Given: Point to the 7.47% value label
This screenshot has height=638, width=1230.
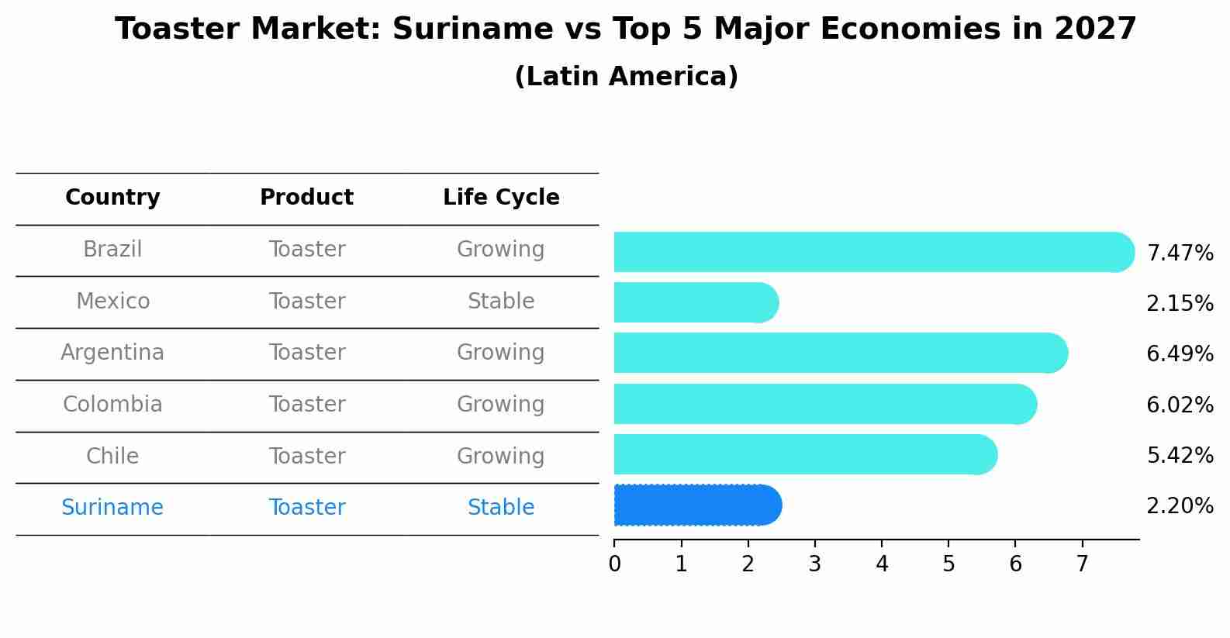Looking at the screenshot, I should pyautogui.click(x=1180, y=253).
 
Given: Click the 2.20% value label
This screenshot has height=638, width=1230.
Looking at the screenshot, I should pyautogui.click(x=1180, y=506).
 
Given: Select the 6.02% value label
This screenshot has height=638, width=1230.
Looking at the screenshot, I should pyautogui.click(x=1180, y=405).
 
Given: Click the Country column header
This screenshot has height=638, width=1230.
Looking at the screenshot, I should pyautogui.click(x=112, y=198).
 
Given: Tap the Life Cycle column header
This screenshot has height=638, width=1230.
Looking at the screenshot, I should pyautogui.click(x=501, y=198).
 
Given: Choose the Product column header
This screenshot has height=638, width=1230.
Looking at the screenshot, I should pyautogui.click(x=306, y=198).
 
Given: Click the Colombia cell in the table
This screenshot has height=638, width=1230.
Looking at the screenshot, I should pyautogui.click(x=112, y=405).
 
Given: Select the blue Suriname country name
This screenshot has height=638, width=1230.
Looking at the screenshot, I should pyautogui.click(x=112, y=508).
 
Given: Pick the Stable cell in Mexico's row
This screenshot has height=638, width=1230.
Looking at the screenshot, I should pyautogui.click(x=501, y=302).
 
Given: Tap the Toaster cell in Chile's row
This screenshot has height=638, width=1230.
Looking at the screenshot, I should pyautogui.click(x=307, y=457).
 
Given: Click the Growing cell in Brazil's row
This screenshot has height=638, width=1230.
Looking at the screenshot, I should pyautogui.click(x=501, y=250).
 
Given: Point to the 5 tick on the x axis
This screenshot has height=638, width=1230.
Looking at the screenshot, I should pyautogui.click(x=948, y=564).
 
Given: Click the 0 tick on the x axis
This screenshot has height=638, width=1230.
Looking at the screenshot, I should pyautogui.click(x=614, y=564).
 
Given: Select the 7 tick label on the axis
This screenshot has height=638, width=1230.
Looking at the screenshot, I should pyautogui.click(x=1082, y=564).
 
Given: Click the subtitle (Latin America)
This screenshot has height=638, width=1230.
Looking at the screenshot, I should pyautogui.click(x=626, y=77).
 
